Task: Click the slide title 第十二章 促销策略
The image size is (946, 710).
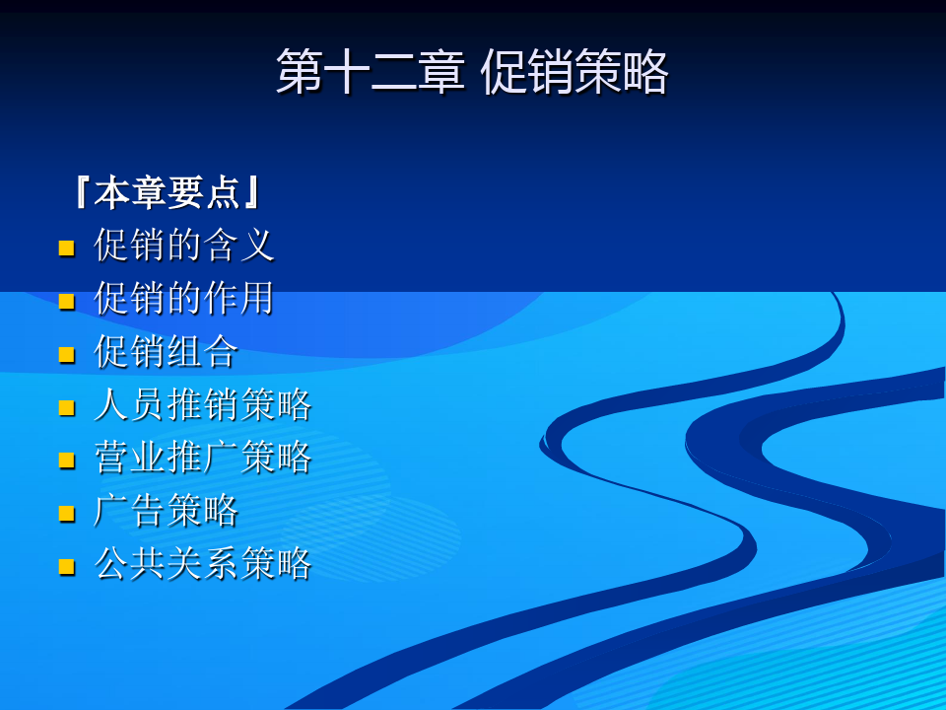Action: [472, 72]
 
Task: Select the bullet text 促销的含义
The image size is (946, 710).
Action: [184, 246]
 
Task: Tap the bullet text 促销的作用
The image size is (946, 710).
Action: [184, 298]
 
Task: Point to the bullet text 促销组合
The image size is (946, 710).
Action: [166, 351]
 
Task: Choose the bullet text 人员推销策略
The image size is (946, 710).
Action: [203, 404]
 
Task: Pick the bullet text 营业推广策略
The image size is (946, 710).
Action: [203, 457]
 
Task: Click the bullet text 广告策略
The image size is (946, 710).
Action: [166, 510]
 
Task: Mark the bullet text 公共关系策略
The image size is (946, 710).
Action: [203, 563]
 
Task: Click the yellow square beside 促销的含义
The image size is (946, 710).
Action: [66, 248]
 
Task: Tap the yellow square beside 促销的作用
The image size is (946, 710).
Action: [66, 302]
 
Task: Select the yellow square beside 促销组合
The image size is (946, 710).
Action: [66, 354]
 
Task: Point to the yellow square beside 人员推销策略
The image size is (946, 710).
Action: [66, 407]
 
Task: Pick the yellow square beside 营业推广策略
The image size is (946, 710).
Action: [66, 461]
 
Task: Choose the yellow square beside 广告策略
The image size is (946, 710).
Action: [66, 513]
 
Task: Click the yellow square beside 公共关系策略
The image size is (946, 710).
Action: [66, 566]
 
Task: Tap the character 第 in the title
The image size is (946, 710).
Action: [300, 72]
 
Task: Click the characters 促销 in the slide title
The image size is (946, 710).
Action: [526, 72]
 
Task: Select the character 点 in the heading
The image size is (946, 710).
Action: [224, 192]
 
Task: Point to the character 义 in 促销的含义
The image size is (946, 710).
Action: [257, 246]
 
